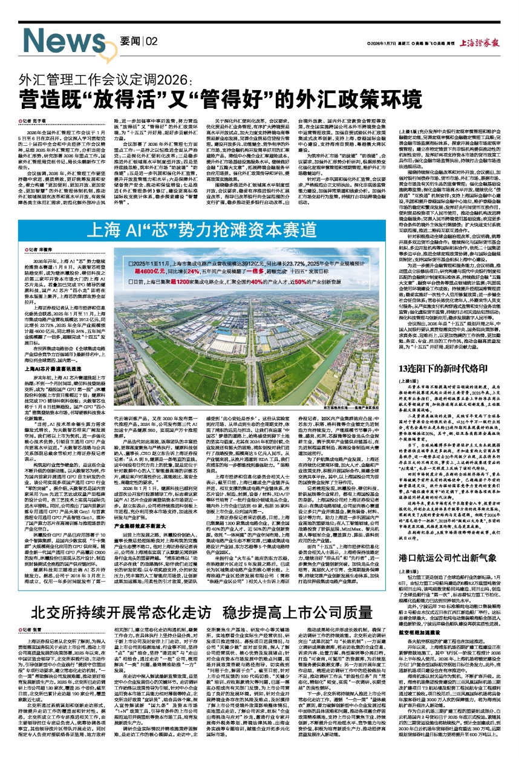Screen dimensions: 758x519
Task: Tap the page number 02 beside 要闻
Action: point(151,41)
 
